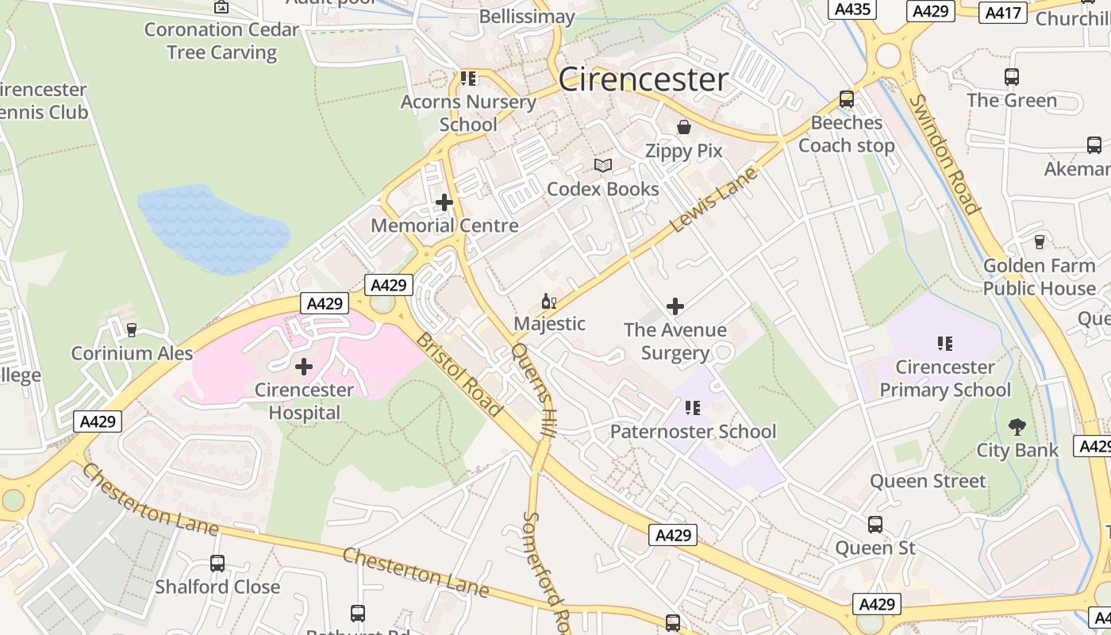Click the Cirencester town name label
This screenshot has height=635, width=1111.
tap(643, 79)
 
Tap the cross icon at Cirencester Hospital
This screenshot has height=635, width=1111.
tap(303, 367)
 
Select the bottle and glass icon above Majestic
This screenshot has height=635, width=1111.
tap(548, 302)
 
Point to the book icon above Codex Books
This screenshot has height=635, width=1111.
tap(603, 166)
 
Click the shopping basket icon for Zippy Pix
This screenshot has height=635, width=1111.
tap(683, 127)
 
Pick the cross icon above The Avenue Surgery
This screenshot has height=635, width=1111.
tap(675, 306)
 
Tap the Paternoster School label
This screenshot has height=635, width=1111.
tap(693, 432)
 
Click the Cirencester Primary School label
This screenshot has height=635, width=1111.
tap(944, 379)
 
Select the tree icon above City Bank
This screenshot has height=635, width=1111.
tap(1017, 427)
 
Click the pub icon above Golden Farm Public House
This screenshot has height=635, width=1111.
tap(1039, 242)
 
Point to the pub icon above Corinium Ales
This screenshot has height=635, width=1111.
tap(132, 329)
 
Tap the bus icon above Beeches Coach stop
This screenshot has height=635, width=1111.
tap(847, 99)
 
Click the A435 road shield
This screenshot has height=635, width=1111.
tap(853, 10)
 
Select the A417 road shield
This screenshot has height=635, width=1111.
tap(1003, 13)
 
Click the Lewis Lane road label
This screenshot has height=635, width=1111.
tap(713, 199)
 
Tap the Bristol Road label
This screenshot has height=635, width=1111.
tap(459, 374)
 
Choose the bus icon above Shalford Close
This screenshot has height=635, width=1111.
tap(217, 564)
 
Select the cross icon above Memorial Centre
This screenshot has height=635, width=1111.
tap(444, 202)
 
